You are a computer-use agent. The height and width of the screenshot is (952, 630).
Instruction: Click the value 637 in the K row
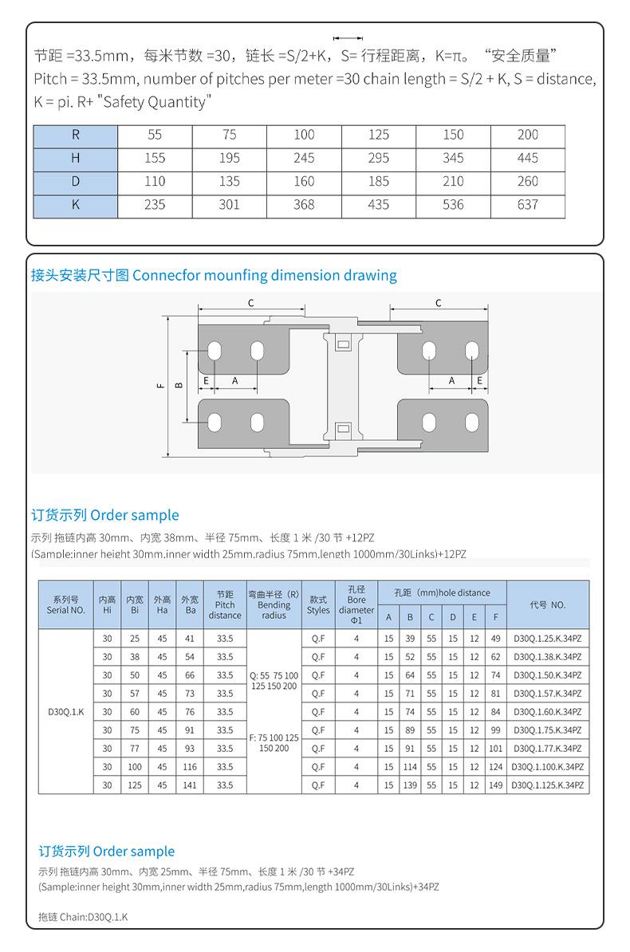527,205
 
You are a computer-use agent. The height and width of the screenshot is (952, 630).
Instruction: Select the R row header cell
75,136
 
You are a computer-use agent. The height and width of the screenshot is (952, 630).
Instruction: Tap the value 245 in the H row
304,159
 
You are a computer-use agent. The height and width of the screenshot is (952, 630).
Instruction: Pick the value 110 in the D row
155,182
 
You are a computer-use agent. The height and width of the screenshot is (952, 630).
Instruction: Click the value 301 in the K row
229,205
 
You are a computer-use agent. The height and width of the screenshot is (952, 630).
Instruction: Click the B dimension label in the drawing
179,386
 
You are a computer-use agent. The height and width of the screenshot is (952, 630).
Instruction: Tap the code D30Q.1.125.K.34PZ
548,785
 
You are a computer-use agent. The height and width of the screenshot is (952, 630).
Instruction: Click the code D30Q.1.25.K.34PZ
548,639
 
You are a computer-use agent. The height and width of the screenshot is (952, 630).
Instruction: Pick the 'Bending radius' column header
274,605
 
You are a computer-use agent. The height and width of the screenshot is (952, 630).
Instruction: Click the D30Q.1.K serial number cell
66,712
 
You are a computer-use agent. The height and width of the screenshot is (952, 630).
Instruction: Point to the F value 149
495,785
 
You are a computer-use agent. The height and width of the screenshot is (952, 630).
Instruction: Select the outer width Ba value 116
190,767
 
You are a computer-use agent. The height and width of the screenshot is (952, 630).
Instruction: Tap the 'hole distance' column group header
443,593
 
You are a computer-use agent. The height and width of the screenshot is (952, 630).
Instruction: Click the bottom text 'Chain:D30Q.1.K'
83,917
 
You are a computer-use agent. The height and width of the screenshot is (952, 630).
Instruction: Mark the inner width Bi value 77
135,749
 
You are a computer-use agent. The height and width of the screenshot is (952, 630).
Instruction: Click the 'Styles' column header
318,605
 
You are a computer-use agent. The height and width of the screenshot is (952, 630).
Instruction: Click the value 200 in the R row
527,136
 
